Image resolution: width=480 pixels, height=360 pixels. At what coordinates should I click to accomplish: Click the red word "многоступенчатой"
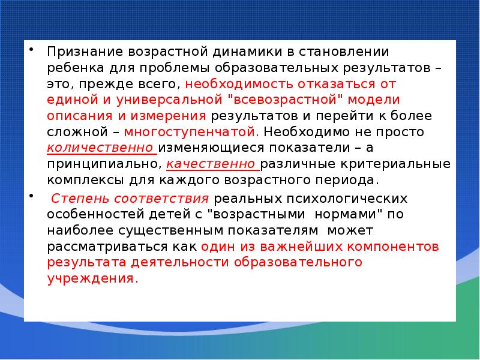click(193, 131)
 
